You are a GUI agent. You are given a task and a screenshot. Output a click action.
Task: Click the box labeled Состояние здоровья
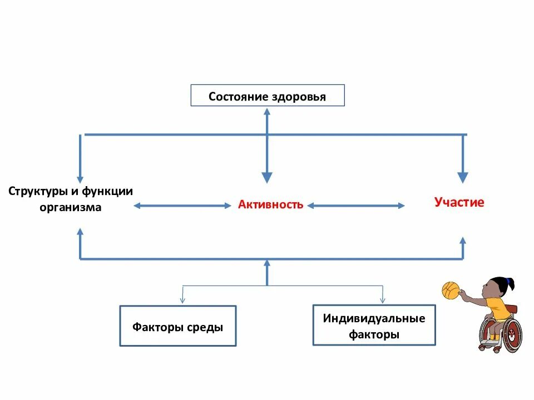tap(268, 96)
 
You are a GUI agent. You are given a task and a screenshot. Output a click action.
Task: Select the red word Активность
tap(271, 204)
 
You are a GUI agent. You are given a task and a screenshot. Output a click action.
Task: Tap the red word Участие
tap(459, 202)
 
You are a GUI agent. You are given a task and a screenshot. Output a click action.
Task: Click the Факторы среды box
tap(178, 326)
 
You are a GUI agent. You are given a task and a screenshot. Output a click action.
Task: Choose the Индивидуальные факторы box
tap(374, 326)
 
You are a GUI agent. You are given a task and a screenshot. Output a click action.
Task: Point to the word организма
tap(71, 207)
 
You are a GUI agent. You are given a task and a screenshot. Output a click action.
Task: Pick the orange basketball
tap(450, 290)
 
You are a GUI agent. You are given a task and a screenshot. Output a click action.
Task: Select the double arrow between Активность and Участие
tap(356, 206)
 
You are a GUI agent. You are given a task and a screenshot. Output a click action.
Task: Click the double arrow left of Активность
tap(182, 206)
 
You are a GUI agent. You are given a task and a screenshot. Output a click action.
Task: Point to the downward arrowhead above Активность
tap(267, 177)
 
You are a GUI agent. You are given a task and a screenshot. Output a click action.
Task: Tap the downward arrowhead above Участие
tap(463, 177)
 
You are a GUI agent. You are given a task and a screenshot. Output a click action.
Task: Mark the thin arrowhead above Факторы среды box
tap(183, 299)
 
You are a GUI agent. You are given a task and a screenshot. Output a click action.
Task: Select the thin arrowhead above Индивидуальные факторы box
tap(383, 299)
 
